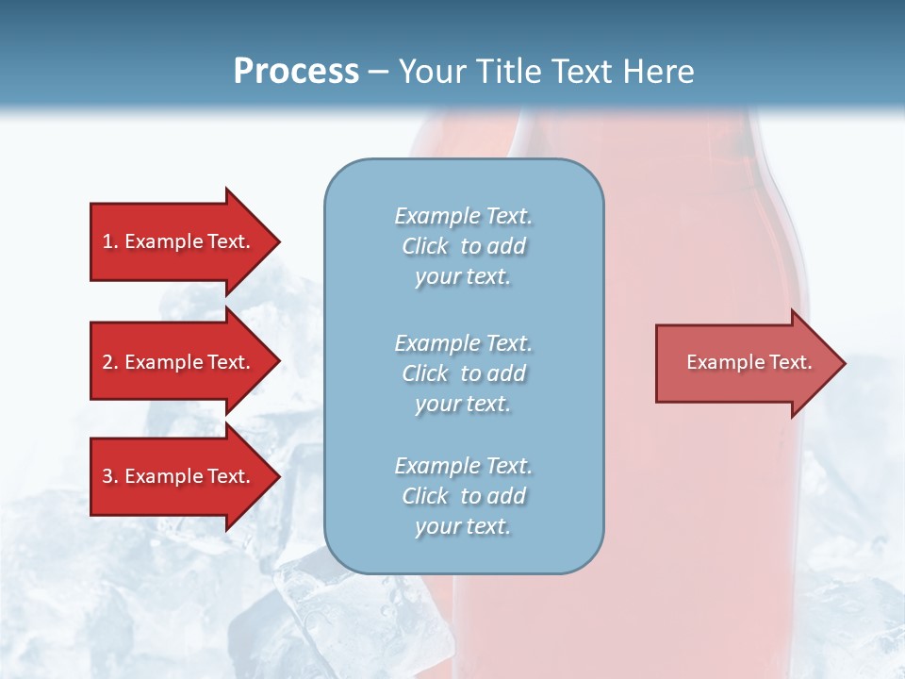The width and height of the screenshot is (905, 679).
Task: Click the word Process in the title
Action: [296, 72]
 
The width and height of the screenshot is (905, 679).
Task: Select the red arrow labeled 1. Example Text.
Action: [179, 241]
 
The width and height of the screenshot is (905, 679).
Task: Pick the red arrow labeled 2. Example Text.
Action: [179, 362]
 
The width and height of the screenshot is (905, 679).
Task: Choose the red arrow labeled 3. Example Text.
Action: [179, 476]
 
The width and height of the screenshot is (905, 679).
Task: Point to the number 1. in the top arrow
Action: [110, 241]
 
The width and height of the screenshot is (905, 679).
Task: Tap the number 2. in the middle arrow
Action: [110, 362]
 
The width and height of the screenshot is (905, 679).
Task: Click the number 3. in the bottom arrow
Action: [110, 476]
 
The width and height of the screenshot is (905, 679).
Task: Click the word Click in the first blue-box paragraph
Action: [425, 246]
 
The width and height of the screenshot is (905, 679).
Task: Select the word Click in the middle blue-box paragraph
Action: [425, 373]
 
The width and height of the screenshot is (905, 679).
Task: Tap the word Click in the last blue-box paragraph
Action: [425, 496]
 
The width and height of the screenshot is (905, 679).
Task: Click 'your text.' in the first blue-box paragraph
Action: [463, 276]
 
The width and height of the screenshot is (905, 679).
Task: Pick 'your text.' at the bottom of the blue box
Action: [463, 526]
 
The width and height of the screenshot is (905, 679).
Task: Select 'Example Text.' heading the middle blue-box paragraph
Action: [463, 343]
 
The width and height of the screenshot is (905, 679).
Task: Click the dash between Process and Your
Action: [379, 72]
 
